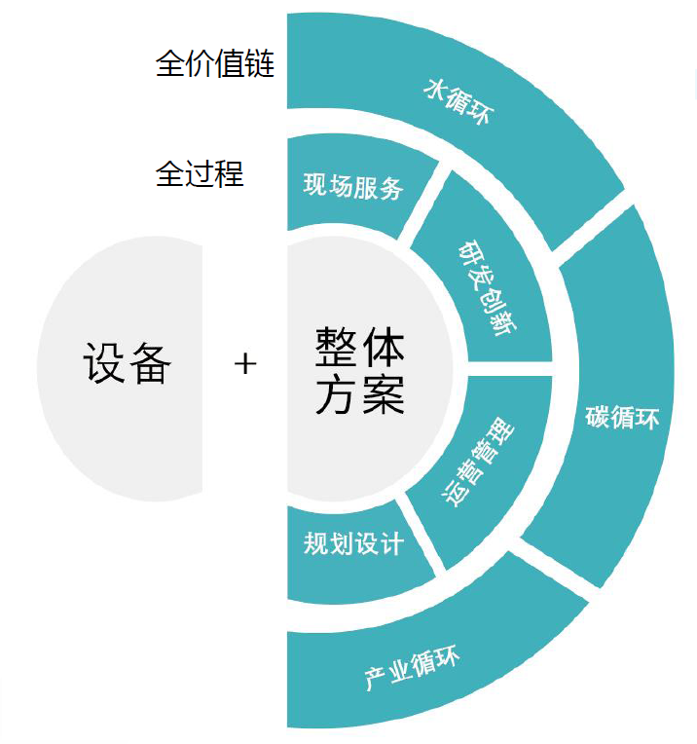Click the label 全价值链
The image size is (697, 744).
point(215,65)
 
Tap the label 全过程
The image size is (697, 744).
point(200,174)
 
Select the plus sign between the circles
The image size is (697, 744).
point(245,364)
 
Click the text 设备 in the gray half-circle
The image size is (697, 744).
point(128,364)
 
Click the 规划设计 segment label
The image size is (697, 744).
point(352,543)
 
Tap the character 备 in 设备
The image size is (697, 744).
point(150,364)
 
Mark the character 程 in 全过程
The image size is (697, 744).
point(230,174)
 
